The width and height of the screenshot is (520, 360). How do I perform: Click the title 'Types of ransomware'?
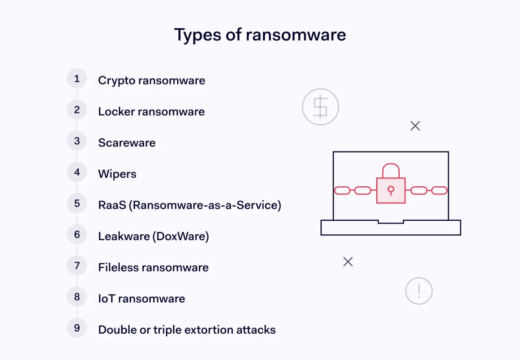(260, 35)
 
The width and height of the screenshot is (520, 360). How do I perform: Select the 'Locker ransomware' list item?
(151, 112)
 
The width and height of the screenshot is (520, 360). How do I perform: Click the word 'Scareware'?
(127, 143)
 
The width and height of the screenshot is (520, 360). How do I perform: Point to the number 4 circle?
(77, 172)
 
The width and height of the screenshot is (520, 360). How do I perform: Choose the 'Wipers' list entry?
(117, 174)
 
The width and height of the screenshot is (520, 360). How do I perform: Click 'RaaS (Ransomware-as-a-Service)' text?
(189, 205)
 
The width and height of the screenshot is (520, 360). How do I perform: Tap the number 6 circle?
(77, 235)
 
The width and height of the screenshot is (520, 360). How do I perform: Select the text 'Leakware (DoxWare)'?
(153, 236)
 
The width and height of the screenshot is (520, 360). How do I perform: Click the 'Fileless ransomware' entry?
(153, 267)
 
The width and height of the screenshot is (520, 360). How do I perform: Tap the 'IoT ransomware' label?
(141, 299)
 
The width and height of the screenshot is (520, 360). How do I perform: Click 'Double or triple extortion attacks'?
(186, 330)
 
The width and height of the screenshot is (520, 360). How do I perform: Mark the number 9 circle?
(77, 328)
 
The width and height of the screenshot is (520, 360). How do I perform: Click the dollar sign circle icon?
(321, 107)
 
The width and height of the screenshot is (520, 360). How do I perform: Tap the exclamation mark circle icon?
(419, 291)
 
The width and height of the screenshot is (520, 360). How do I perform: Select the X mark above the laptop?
(415, 126)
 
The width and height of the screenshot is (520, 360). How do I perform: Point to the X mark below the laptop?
(348, 262)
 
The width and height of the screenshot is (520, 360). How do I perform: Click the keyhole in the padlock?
(391, 190)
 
